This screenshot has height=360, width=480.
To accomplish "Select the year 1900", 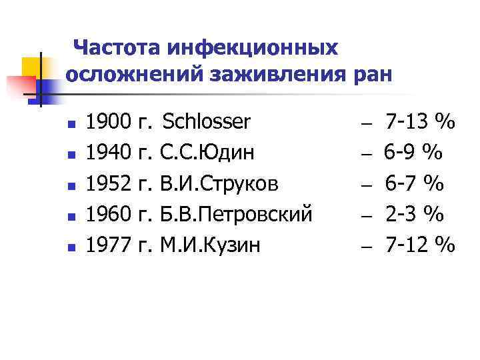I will point(109,122).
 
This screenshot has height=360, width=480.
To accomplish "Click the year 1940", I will point(109,153).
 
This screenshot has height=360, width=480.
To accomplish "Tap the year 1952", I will point(109,183).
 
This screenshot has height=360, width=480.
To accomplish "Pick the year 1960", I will point(109,214).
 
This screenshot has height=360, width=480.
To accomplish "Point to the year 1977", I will point(109,245).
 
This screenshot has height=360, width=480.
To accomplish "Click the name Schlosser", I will point(207,122).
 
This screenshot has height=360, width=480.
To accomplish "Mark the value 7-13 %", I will point(420,122).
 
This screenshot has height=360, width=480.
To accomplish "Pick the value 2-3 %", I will point(414,214).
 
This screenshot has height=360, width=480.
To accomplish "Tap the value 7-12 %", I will point(420,245).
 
